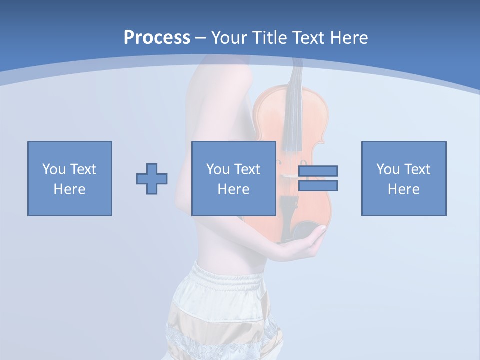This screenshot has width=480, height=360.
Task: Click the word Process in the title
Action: (x=157, y=38)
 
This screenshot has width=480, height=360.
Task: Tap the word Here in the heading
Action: (x=348, y=38)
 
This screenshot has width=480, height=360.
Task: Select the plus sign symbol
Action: (x=152, y=179)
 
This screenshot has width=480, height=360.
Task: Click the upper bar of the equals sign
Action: (x=318, y=171)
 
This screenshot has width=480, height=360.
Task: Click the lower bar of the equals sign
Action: (x=318, y=185)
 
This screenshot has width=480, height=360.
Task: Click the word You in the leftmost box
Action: (x=54, y=169)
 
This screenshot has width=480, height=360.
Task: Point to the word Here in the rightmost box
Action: (x=403, y=189)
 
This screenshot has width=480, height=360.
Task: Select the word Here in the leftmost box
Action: (x=69, y=189)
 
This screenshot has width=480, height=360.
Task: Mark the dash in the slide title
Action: (x=201, y=38)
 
